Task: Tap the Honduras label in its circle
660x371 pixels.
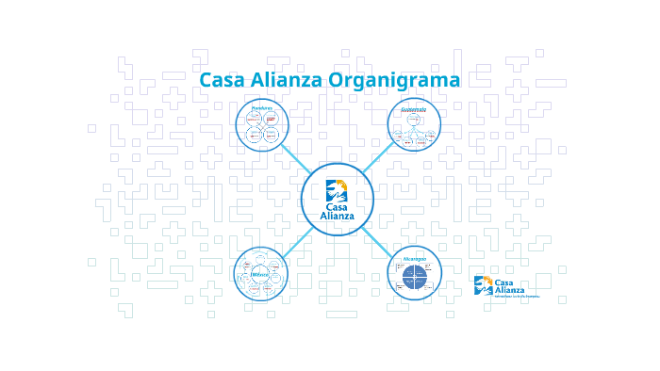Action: (x=261, y=108)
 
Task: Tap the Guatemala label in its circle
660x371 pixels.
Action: (x=414, y=109)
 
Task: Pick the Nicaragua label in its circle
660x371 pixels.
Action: (x=415, y=258)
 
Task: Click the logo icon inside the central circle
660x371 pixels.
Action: (x=337, y=189)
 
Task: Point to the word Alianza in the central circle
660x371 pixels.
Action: (x=337, y=217)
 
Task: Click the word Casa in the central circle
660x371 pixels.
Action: (x=337, y=207)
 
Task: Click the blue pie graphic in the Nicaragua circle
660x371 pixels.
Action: (x=413, y=279)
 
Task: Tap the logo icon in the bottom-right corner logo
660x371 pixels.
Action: (x=483, y=285)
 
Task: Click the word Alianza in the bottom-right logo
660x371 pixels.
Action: (x=510, y=290)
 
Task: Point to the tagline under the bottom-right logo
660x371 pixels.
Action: (x=509, y=298)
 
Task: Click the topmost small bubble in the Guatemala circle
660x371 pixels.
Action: (x=414, y=119)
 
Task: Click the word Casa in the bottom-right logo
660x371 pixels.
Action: (x=504, y=282)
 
